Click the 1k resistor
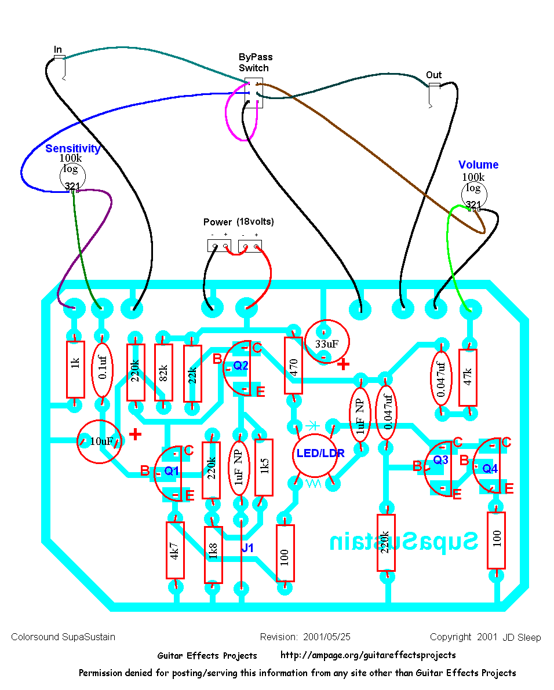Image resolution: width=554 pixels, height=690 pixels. pyautogui.click(x=75, y=369)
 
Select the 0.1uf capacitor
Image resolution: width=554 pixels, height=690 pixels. pyautogui.click(x=102, y=370)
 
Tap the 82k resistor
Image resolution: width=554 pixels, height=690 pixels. pyautogui.click(x=163, y=373)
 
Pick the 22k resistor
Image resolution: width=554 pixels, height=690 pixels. pyautogui.click(x=192, y=373)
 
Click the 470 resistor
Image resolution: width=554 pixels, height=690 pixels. pyautogui.click(x=294, y=366)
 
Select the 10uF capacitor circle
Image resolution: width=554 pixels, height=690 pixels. pyautogui.click(x=100, y=441)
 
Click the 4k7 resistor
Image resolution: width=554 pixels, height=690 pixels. pyautogui.click(x=175, y=550)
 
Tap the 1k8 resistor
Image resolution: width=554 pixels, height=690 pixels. pyautogui.click(x=213, y=554)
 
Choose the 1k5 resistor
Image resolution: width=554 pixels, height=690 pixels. pyautogui.click(x=264, y=467)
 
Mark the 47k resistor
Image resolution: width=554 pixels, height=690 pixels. pyautogui.click(x=468, y=377)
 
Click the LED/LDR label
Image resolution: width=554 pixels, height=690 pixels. pyautogui.click(x=320, y=454)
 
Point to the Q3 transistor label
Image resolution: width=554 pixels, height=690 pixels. pyautogui.click(x=441, y=459)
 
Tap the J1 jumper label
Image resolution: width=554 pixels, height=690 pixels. pyautogui.click(x=247, y=547)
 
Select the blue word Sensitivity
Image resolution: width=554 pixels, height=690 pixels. pyautogui.click(x=73, y=148)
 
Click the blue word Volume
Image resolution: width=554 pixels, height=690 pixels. pyautogui.click(x=478, y=165)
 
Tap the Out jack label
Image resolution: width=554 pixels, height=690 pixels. pyautogui.click(x=433, y=75)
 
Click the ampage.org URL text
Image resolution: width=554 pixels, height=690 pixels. pyautogui.click(x=368, y=655)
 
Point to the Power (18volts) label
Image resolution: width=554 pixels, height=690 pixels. pyautogui.click(x=239, y=222)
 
